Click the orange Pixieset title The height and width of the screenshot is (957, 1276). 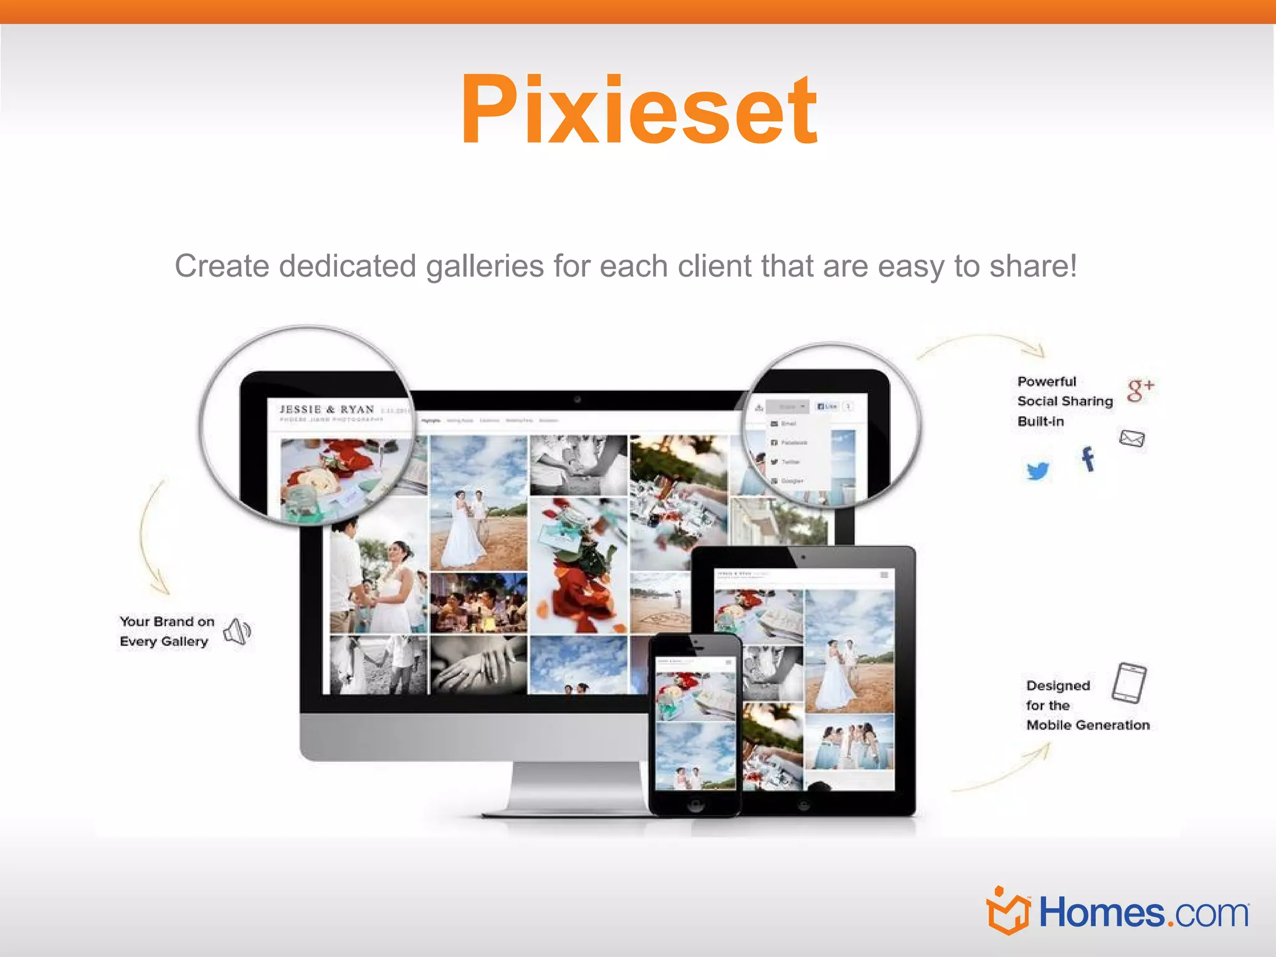pos(639,111)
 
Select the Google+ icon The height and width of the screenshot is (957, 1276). pos(1140,389)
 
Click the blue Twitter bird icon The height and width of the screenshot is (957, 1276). pos(1037,470)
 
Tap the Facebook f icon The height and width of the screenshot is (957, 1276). pos(1088,459)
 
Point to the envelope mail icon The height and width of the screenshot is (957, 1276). pos(1131,439)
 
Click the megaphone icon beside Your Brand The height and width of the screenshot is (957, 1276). pos(237,632)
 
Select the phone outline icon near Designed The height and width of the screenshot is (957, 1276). pos(1129,683)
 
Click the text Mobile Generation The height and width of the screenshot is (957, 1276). pos(1088,725)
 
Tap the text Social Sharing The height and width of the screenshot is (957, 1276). pos(1065,401)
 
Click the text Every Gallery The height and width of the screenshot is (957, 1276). pos(164,642)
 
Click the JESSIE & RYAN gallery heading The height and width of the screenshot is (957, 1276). pos(327,409)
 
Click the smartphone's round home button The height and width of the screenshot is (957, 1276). pos(695,806)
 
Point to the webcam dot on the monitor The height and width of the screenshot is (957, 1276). pos(578,399)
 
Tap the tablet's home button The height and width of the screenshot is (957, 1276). pos(804,806)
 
